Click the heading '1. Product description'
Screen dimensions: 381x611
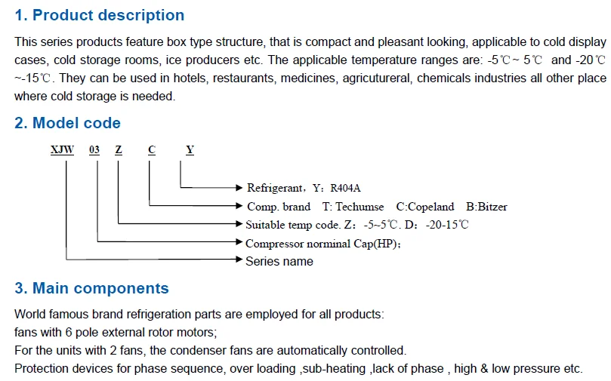[99, 15]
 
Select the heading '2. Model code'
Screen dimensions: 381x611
[67, 123]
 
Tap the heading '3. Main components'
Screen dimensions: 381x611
[91, 288]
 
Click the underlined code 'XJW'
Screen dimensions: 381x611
[62, 150]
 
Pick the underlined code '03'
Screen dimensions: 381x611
[94, 150]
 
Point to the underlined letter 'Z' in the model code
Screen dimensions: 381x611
[119, 150]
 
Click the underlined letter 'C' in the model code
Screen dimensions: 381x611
[152, 150]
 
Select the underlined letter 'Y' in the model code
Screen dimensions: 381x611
[190, 150]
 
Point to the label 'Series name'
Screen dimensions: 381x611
[279, 261]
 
